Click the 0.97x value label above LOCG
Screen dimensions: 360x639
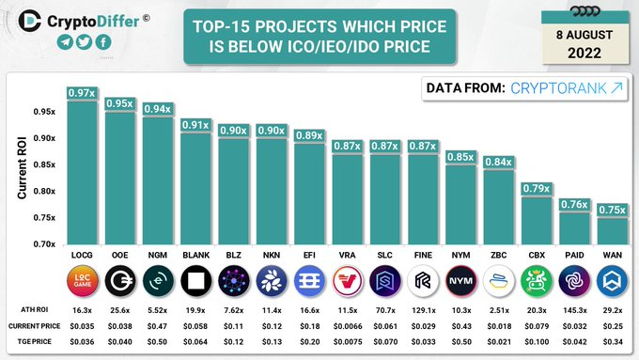81,92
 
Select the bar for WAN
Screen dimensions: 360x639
612,229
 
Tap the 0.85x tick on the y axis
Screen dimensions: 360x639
43,164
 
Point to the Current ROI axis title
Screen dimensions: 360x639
22,167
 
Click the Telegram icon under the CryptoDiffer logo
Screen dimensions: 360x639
64,42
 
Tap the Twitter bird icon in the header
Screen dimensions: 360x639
83,42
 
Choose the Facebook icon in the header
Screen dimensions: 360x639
101,42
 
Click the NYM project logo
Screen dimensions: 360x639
460,280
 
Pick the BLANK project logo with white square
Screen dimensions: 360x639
195,280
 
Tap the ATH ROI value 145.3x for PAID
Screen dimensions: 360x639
574,309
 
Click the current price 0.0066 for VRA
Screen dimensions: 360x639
347,326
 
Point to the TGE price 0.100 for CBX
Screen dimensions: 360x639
537,342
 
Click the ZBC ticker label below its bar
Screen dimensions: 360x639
498,254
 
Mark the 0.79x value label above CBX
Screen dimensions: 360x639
536,189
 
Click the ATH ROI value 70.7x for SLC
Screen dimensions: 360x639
384,309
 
